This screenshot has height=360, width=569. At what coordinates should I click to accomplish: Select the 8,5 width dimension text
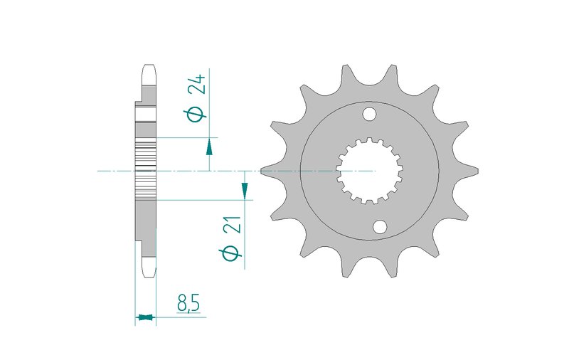[x=188, y=303]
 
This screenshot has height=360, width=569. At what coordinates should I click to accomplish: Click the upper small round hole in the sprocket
[x=369, y=114]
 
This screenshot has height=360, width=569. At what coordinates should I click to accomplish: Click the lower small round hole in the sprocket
[x=380, y=227]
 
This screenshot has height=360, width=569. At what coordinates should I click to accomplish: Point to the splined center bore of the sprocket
[x=369, y=171]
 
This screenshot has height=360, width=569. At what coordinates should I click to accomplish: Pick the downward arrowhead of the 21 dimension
[x=245, y=191]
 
